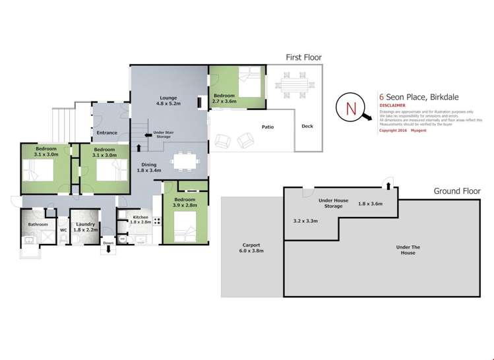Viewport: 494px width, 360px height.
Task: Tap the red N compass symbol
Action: tap(350, 107)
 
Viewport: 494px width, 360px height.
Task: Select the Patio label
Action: tap(267, 127)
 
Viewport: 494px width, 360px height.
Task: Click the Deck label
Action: tap(307, 127)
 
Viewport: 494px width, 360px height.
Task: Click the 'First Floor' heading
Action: tap(303, 57)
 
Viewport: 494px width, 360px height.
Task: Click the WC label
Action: tap(64, 230)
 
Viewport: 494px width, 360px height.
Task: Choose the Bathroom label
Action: tap(38, 225)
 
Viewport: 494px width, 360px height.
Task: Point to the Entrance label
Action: tap(107, 133)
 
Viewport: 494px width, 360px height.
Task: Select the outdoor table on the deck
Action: tap(290, 84)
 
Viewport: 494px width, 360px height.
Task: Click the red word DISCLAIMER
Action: tap(392, 105)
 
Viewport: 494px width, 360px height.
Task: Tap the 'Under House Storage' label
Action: tap(333, 202)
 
